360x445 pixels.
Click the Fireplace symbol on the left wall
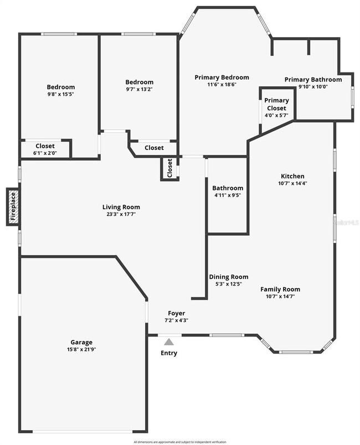click(13, 207)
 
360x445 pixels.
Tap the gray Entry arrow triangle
click(169, 342)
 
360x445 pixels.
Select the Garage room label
click(81, 342)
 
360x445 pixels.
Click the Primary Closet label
click(276, 104)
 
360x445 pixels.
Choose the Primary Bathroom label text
click(313, 79)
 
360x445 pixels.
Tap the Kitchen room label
click(292, 176)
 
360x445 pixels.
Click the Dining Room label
click(228, 277)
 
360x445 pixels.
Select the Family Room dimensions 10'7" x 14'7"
click(280, 296)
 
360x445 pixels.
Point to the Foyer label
click(177, 313)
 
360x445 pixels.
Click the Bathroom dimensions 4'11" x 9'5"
click(228, 195)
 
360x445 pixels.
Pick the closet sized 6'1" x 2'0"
click(45, 153)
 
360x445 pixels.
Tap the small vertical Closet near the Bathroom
click(170, 168)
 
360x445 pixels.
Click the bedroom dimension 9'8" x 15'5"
click(60, 94)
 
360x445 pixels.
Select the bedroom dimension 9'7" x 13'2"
click(139, 89)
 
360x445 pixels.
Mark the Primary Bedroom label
click(222, 77)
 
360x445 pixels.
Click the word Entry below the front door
click(169, 353)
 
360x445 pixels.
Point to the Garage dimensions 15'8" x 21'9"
click(81, 349)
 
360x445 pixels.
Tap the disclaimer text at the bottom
click(181, 442)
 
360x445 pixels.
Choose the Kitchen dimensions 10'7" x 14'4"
click(292, 183)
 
